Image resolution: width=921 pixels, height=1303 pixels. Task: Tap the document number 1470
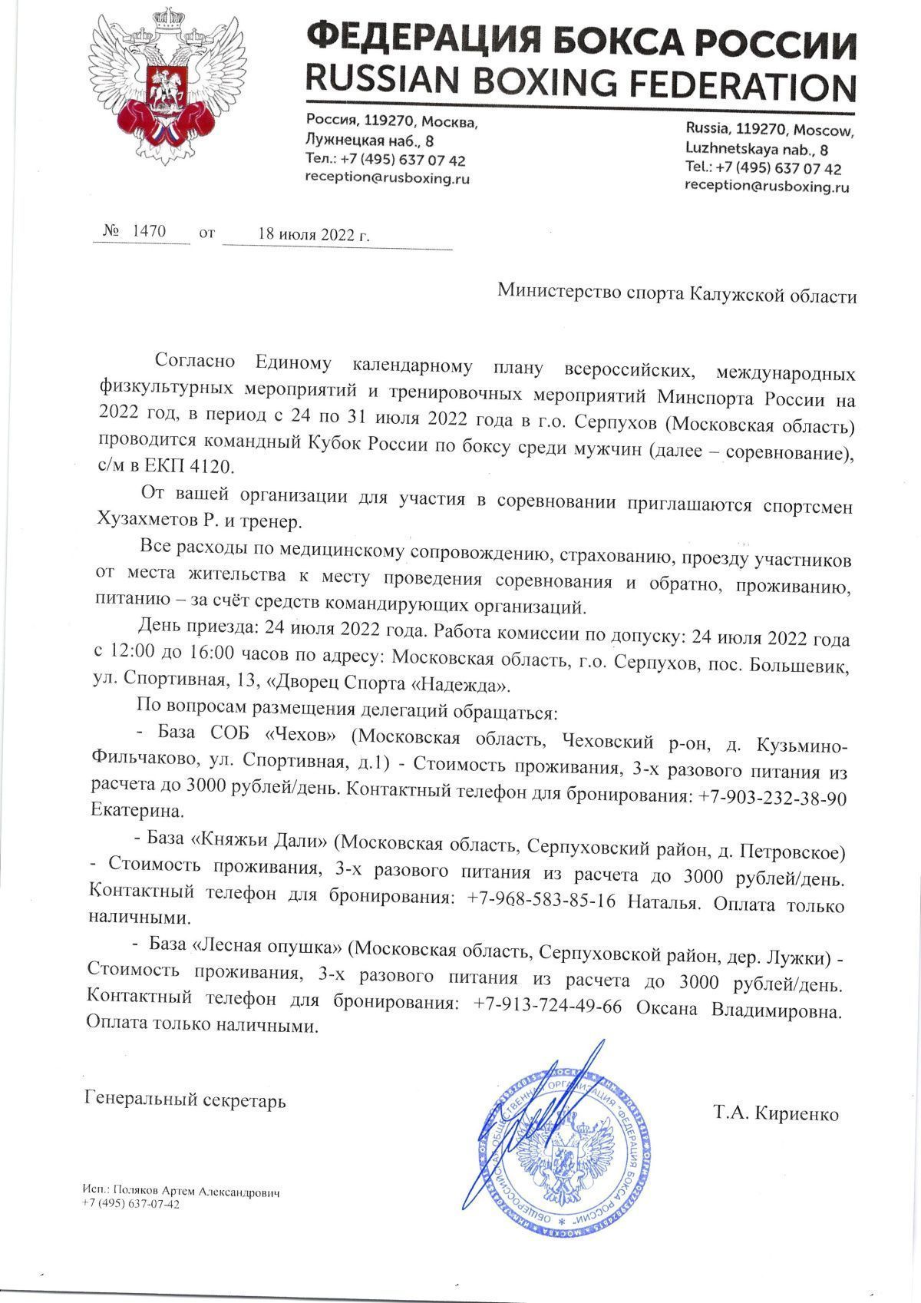pos(150,231)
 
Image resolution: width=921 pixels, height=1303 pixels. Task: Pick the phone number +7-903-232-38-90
pos(772,798)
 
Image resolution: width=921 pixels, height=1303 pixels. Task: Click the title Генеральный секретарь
pos(184,1100)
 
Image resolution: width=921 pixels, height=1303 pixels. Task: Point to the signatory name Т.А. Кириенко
pos(776,1113)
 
